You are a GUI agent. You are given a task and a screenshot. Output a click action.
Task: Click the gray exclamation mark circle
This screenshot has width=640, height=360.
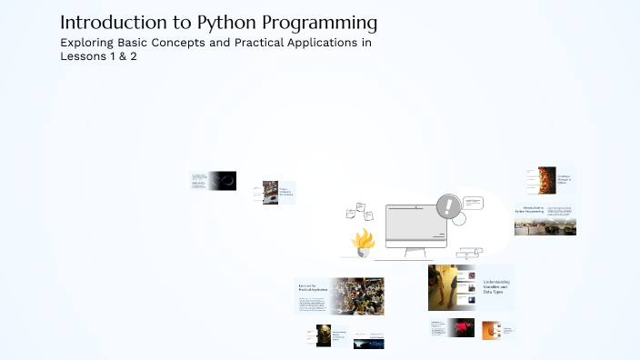447,206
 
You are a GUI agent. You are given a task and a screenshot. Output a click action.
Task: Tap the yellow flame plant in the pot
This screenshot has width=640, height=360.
364,242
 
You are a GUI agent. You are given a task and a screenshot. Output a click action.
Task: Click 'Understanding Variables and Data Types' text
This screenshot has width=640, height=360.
495,287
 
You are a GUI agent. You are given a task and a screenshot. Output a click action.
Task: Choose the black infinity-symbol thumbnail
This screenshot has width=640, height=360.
224,180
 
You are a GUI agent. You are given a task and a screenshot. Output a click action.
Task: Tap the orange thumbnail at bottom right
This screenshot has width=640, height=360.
492,329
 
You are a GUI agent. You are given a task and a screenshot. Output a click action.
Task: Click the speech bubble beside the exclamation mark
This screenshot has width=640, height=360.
472,203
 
